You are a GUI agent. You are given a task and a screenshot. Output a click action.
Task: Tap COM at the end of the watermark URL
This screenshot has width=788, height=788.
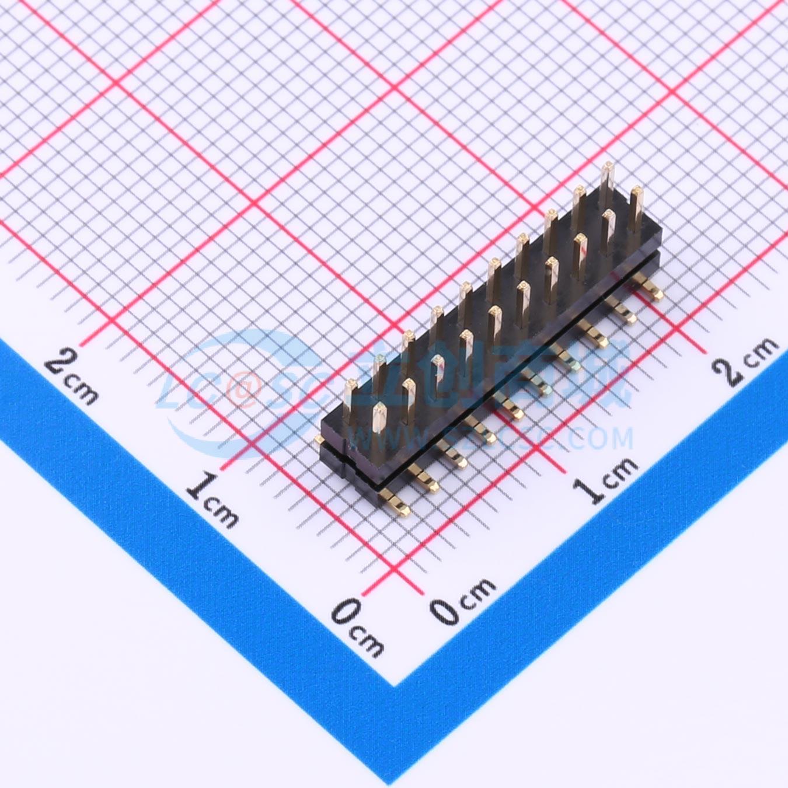pyautogui.click(x=602, y=438)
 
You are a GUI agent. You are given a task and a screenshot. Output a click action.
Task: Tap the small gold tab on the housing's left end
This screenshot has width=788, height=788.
pyautogui.click(x=318, y=439)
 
